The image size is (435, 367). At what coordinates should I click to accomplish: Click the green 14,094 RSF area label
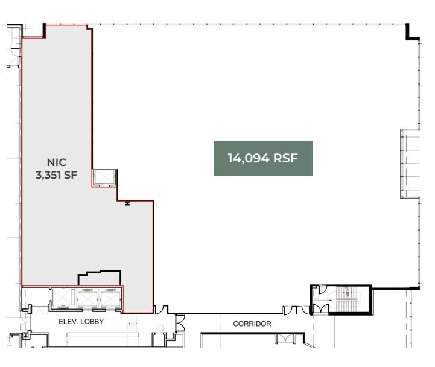pyautogui.click(x=263, y=159)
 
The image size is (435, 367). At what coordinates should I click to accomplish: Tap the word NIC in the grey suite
pyautogui.click(x=56, y=162)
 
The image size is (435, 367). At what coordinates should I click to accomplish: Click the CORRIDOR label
pyautogui.click(x=252, y=324)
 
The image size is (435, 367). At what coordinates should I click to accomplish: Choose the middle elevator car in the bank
pyautogui.click(x=87, y=299)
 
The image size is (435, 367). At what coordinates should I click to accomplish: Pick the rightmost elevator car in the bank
pyautogui.click(x=110, y=299)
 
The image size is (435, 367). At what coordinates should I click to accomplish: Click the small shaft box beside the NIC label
pyautogui.click(x=103, y=177)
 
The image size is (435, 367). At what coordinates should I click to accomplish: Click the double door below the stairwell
pyautogui.click(x=320, y=309)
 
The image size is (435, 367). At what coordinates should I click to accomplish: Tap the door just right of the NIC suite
pyautogui.click(x=161, y=310)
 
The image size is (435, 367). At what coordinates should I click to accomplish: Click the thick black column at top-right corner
pyautogui.click(x=412, y=32)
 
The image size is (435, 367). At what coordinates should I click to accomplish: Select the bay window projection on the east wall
pyautogui.click(x=410, y=163)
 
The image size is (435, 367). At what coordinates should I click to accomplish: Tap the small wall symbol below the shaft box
pyautogui.click(x=127, y=204)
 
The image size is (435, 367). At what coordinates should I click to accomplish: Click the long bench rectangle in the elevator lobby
pyautogui.click(x=103, y=334)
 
